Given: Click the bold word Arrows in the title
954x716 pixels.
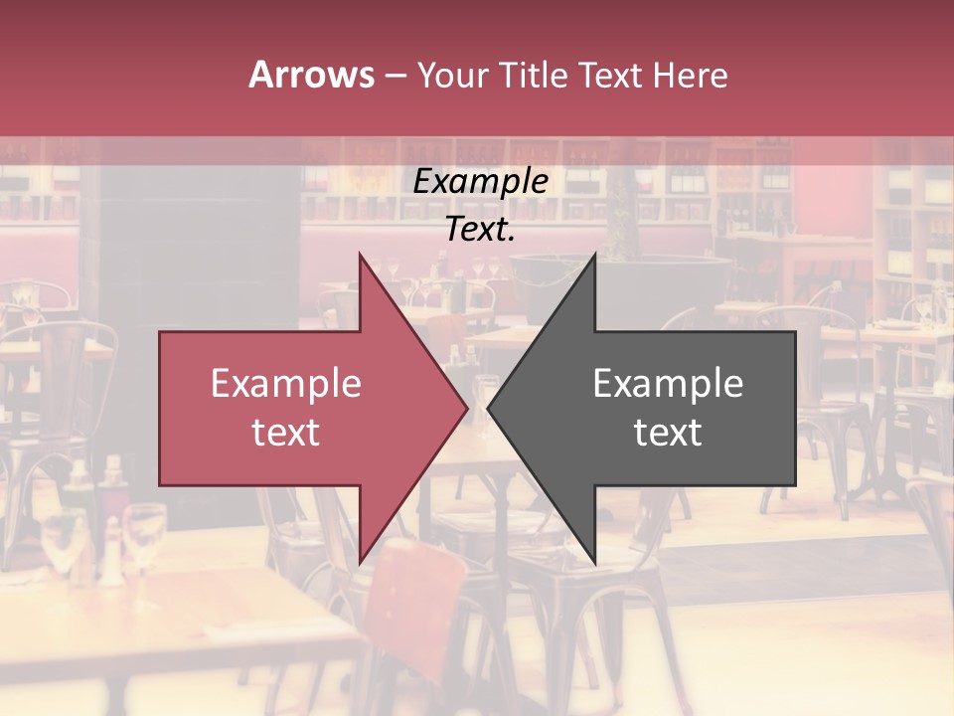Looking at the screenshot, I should point(312,75).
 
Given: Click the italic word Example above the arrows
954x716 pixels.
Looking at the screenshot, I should point(481,181).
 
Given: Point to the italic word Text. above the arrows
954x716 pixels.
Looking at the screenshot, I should point(481,229).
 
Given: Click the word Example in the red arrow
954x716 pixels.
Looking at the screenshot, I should point(286,383).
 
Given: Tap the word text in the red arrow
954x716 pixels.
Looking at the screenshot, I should point(286,433).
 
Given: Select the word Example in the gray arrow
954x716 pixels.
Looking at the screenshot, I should point(668,383).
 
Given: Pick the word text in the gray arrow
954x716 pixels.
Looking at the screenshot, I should point(668,433).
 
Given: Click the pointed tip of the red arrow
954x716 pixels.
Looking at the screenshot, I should point(465,408).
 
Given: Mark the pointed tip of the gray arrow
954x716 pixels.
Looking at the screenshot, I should point(490,408).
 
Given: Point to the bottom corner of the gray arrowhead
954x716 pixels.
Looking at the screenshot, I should point(594,561).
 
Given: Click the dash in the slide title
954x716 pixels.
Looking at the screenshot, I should point(395,76).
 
